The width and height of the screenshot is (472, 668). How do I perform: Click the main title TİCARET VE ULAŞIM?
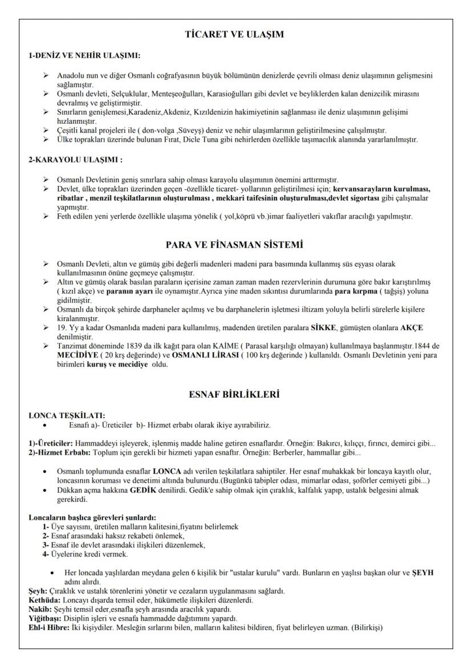(235, 34)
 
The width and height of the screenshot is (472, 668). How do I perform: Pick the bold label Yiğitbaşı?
(47, 618)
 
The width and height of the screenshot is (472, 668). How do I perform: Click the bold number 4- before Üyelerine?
(46, 554)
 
